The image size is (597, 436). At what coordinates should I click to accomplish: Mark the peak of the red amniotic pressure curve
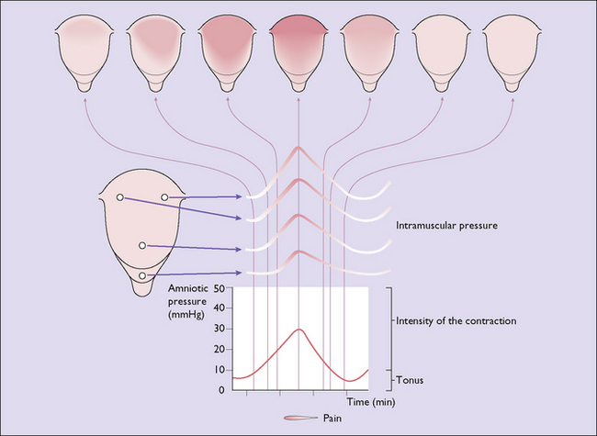[298, 329]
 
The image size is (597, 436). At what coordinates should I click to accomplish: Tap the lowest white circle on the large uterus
[141, 274]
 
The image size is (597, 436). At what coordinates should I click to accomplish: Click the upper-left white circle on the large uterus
[118, 197]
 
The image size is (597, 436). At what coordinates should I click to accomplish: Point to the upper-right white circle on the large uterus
[165, 197]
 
